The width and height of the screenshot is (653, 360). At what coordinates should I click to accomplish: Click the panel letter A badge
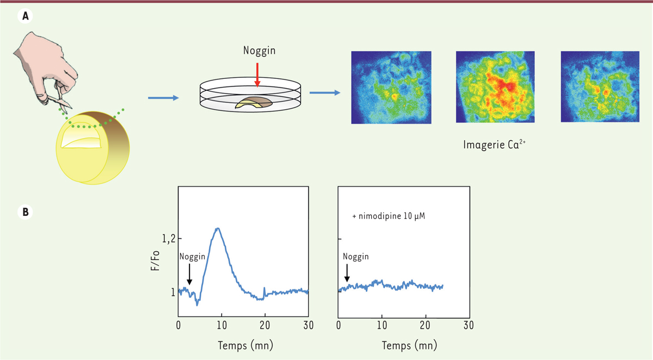(x=24, y=17)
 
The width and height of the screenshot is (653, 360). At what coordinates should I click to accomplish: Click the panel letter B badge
(x=24, y=212)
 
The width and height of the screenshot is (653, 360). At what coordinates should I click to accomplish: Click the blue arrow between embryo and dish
(x=163, y=98)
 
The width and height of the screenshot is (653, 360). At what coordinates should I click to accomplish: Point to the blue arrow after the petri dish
(x=325, y=92)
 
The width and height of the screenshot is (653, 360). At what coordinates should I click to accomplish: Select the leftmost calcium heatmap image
(x=391, y=88)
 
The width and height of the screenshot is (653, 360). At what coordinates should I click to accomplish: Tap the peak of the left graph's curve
(x=218, y=228)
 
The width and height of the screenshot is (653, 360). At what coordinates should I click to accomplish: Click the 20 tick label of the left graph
(x=265, y=326)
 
